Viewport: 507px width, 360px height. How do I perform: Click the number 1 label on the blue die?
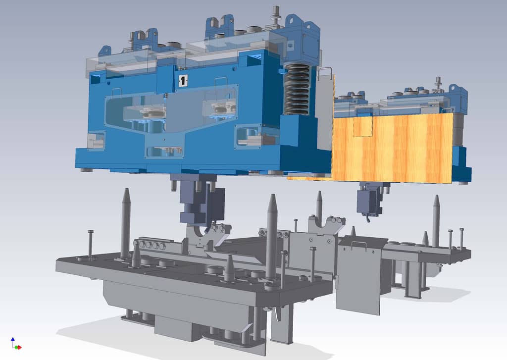[x=183, y=81]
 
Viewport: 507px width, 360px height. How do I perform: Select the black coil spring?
[x=297, y=89]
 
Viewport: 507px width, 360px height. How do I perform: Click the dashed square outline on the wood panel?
[x=362, y=127]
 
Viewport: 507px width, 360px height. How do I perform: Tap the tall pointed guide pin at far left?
[x=125, y=223]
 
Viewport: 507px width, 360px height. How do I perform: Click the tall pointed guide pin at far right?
[x=436, y=220]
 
